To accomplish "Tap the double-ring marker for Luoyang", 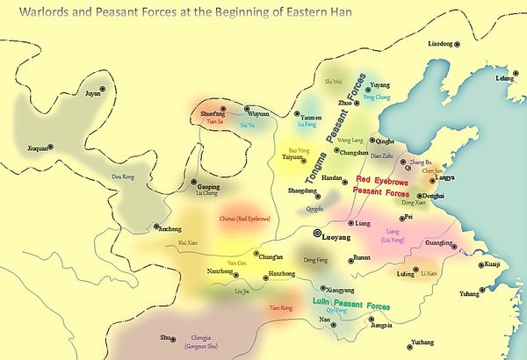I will (317, 234).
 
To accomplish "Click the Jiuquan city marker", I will (50, 148).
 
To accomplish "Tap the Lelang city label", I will (504, 78).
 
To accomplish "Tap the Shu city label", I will (164, 336).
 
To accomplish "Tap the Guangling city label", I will (438, 242).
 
